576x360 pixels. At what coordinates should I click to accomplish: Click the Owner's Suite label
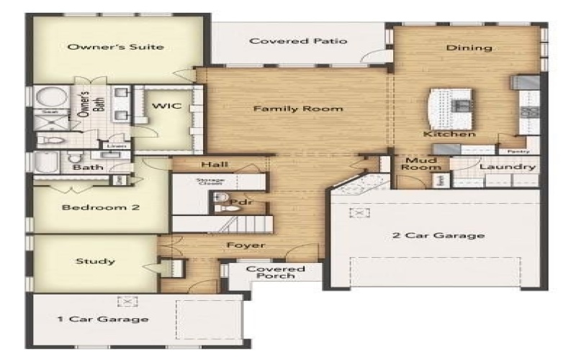coord(115,48)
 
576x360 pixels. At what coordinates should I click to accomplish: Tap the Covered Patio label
coord(298,41)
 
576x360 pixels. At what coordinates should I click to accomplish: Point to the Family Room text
coord(297,109)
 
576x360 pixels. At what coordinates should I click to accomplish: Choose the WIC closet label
coord(163,107)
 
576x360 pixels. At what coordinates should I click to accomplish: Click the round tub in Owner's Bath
coord(50,98)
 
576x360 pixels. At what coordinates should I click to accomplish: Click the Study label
coord(96,261)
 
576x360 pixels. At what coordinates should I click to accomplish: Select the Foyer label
coord(246,246)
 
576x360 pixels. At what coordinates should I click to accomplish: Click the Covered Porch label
coord(276,272)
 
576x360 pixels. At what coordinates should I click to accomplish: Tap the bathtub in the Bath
coord(47,163)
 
